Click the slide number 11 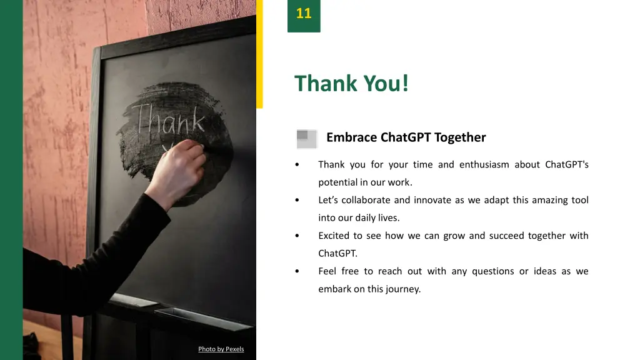click(304, 14)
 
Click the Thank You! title click(352, 83)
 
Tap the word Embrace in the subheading click(351, 137)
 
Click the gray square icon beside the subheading click(306, 139)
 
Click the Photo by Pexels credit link click(221, 349)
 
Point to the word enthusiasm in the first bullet click(484, 165)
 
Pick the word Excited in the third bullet click(334, 236)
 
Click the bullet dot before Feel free click(297, 272)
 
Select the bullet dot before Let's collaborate click(297, 201)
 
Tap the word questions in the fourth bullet click(492, 272)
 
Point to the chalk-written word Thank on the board click(169, 121)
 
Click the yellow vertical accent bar click(259, 56)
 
